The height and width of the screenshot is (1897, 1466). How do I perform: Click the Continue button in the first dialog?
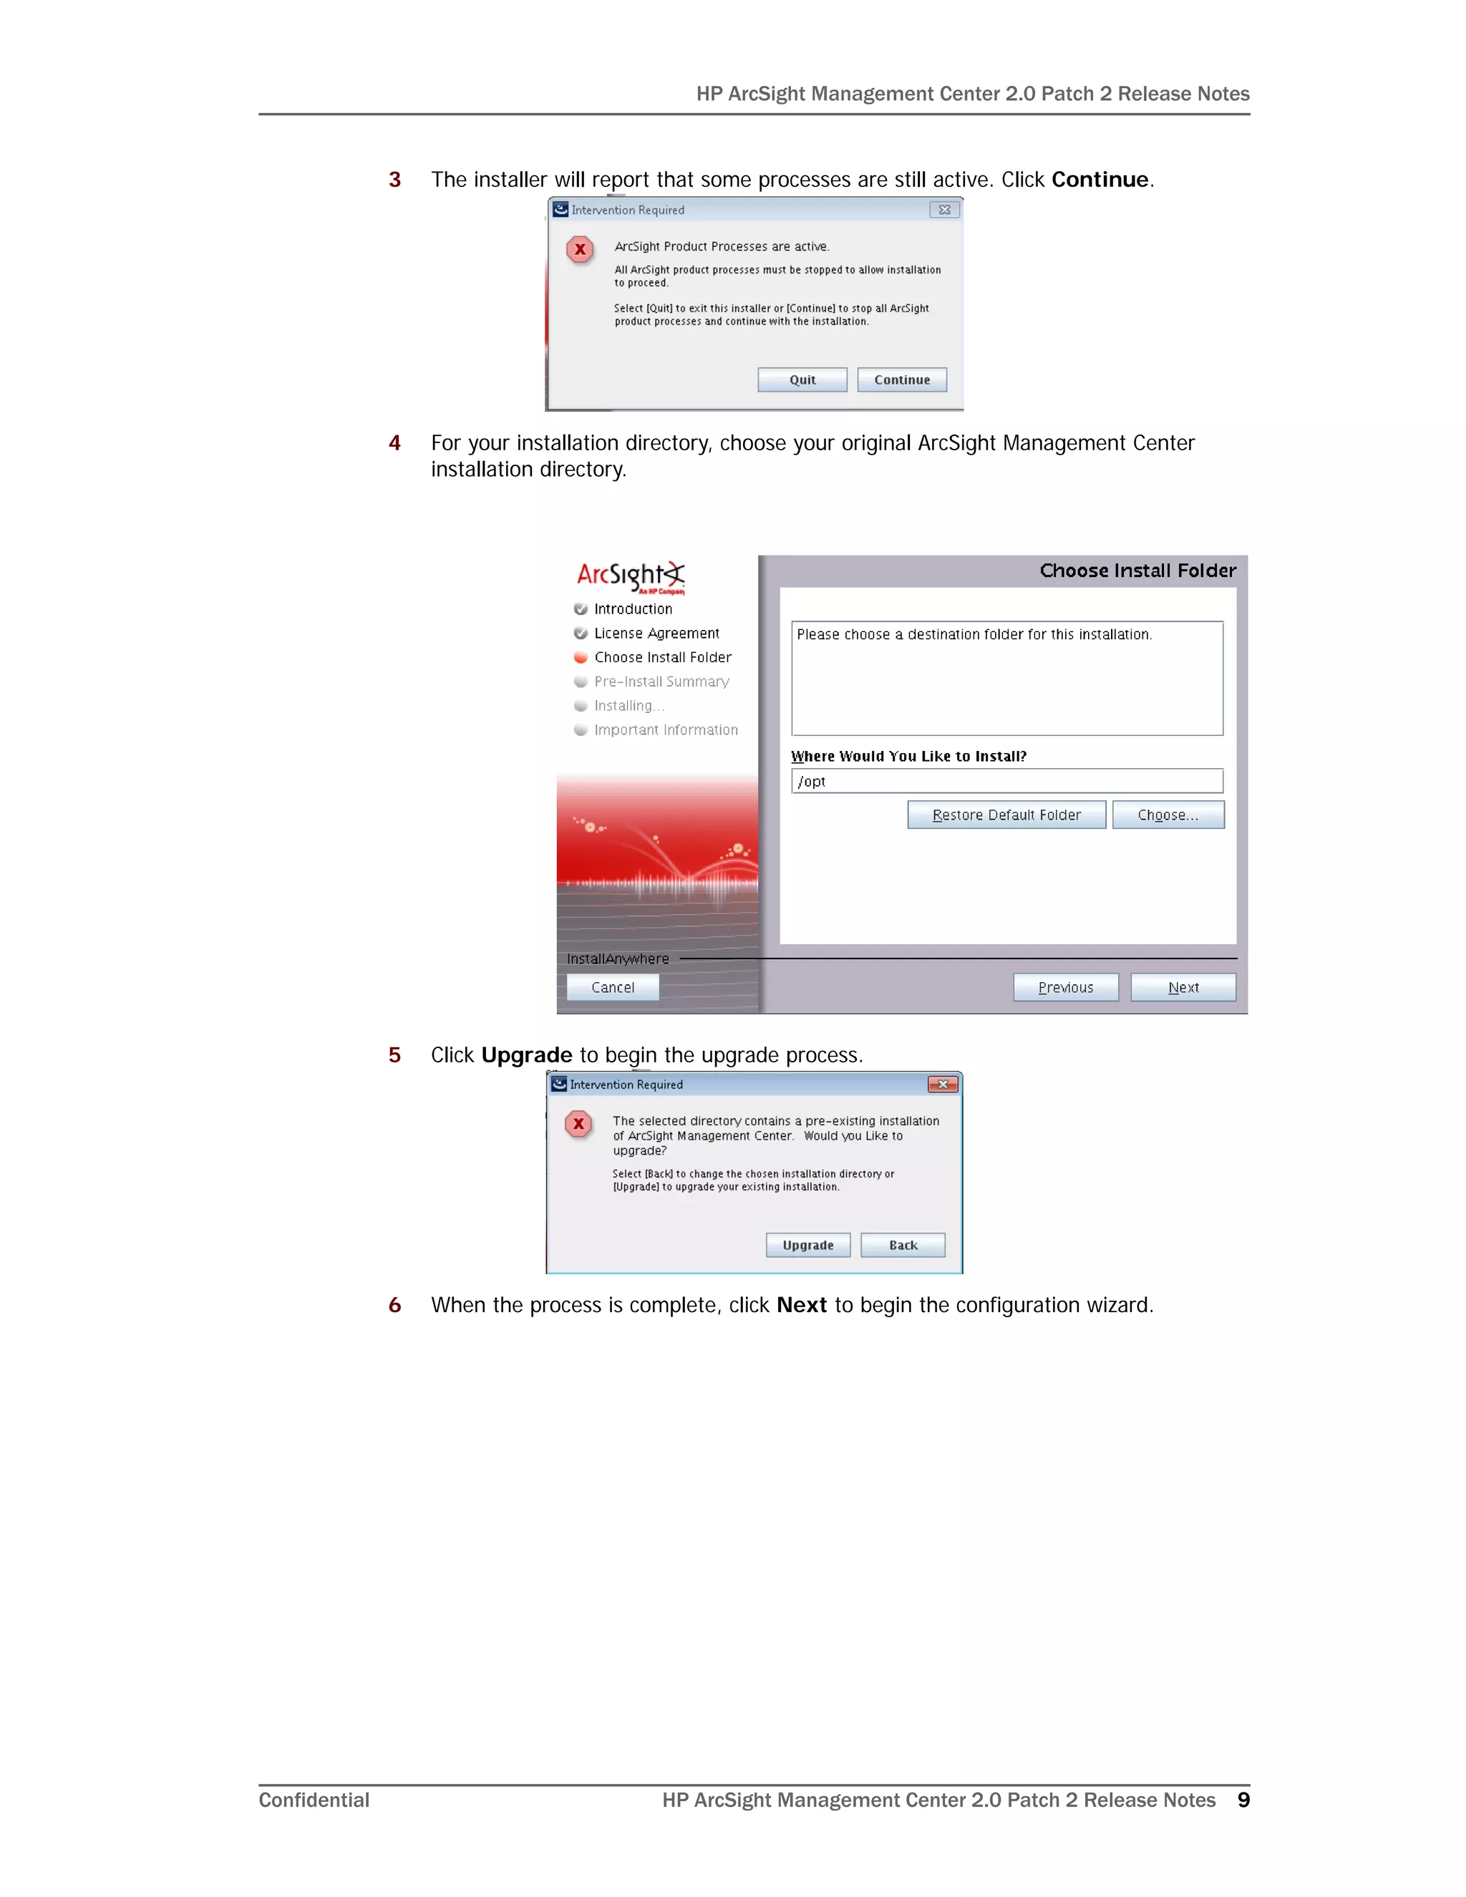pyautogui.click(x=901, y=379)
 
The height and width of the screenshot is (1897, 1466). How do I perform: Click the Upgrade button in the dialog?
pyautogui.click(x=807, y=1245)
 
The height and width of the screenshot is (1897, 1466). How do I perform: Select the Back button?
pyautogui.click(x=903, y=1245)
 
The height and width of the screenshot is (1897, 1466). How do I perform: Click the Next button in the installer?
pyautogui.click(x=1183, y=988)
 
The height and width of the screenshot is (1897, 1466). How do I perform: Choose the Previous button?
pyautogui.click(x=1066, y=988)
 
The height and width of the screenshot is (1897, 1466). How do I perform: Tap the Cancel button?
pyautogui.click(x=612, y=988)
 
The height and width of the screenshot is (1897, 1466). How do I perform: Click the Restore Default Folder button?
pyautogui.click(x=1006, y=815)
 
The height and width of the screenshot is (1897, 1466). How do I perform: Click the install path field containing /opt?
pyautogui.click(x=1006, y=781)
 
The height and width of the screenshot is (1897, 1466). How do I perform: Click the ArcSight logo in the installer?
pyautogui.click(x=631, y=576)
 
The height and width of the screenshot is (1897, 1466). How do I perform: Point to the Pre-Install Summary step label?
pyautogui.click(x=661, y=681)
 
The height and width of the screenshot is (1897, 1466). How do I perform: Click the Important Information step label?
pyautogui.click(x=665, y=730)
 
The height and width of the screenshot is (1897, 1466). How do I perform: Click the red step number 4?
pyautogui.click(x=394, y=443)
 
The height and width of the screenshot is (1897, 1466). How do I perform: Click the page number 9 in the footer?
pyautogui.click(x=1243, y=1800)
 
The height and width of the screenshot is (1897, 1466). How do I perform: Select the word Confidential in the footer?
pyautogui.click(x=314, y=1800)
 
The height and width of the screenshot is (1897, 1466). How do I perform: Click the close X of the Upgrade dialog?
pyautogui.click(x=942, y=1084)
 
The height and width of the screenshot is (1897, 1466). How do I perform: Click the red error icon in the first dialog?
pyautogui.click(x=580, y=249)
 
